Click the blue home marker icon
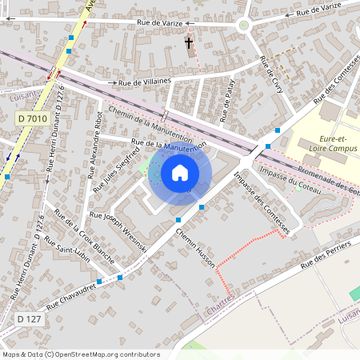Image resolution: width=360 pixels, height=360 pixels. [x=180, y=173]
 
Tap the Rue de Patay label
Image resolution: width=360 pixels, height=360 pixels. [x=230, y=104]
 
